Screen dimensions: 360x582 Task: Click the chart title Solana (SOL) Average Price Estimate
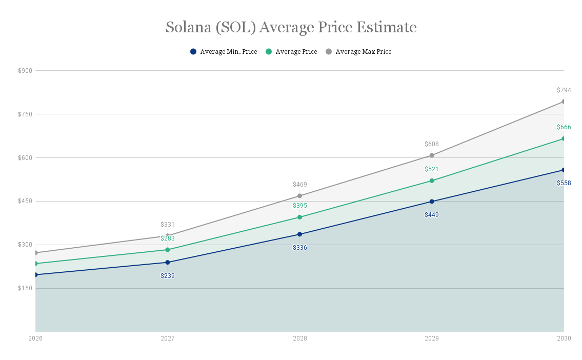[x=291, y=27]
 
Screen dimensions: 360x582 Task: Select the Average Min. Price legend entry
[x=224, y=52]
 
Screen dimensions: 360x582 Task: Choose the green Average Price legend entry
[x=291, y=52]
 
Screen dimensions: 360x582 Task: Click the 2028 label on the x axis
[x=300, y=338]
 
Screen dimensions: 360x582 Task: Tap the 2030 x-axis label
[x=564, y=338]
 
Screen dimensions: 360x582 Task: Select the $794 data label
[x=564, y=90]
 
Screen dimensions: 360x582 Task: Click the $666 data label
[x=564, y=127]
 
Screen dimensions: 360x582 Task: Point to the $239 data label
[x=168, y=276]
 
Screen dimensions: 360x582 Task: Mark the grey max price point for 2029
[x=432, y=155]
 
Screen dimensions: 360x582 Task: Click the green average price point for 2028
[x=300, y=217]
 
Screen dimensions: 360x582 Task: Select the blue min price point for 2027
[x=168, y=263]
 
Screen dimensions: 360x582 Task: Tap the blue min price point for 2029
[x=432, y=202]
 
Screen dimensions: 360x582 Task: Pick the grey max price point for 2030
[x=563, y=102]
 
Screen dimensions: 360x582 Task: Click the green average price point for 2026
[x=36, y=264]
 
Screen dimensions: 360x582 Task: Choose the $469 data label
[x=300, y=185]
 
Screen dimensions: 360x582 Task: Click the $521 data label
[x=432, y=169]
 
